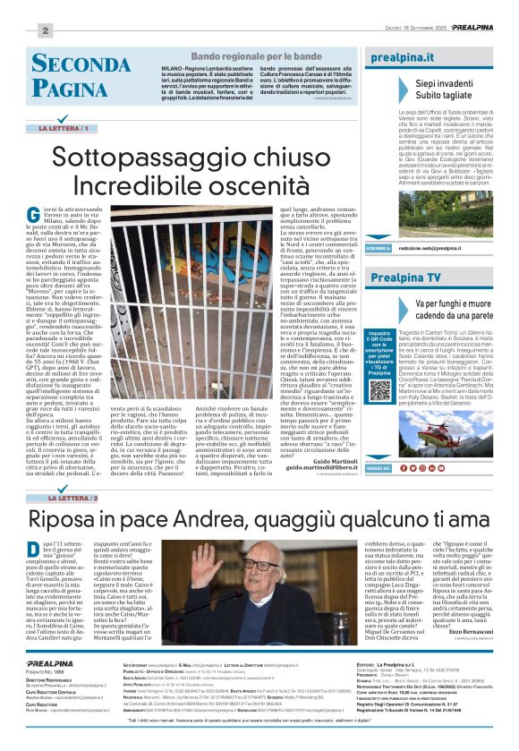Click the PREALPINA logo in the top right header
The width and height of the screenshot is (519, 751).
(x=470, y=29)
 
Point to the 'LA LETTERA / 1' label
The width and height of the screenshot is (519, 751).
(x=64, y=129)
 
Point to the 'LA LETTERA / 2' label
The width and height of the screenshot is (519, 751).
(x=65, y=497)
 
